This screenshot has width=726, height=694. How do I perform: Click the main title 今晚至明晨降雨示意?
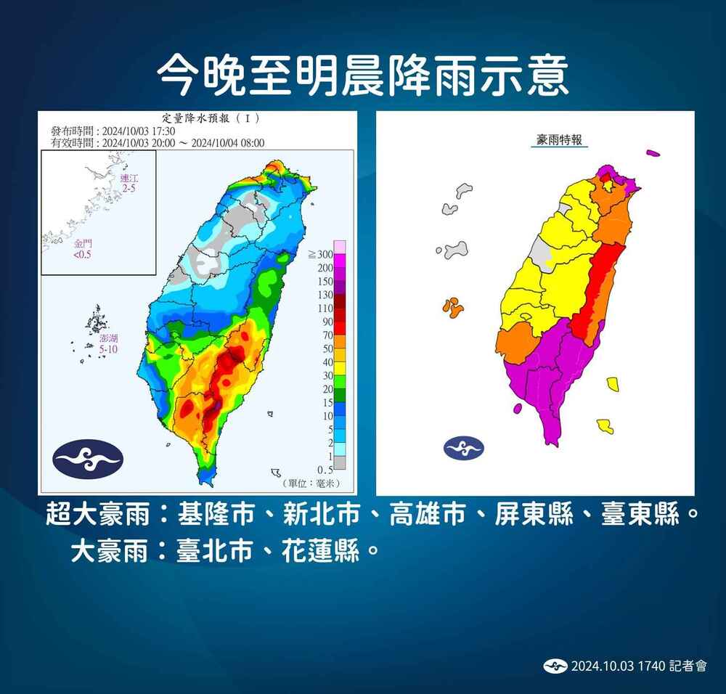click(x=362, y=75)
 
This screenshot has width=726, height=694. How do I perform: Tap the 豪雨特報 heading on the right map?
click(x=558, y=140)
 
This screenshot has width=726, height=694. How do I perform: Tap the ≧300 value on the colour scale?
click(x=320, y=254)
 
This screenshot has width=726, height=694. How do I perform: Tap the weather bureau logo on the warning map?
click(x=464, y=446)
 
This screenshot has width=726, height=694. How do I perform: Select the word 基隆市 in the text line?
click(x=216, y=515)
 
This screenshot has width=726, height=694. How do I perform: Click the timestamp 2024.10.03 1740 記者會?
click(x=638, y=666)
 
